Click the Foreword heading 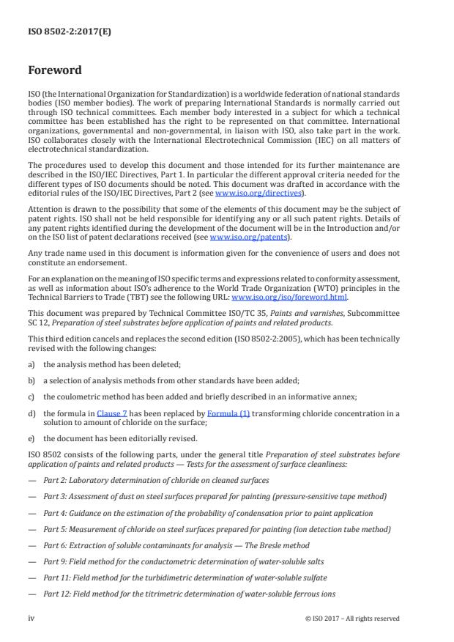tap(55, 71)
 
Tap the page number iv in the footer tap(31, 618)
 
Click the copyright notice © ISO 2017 tap(352, 619)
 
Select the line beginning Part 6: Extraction tap(176, 545)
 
